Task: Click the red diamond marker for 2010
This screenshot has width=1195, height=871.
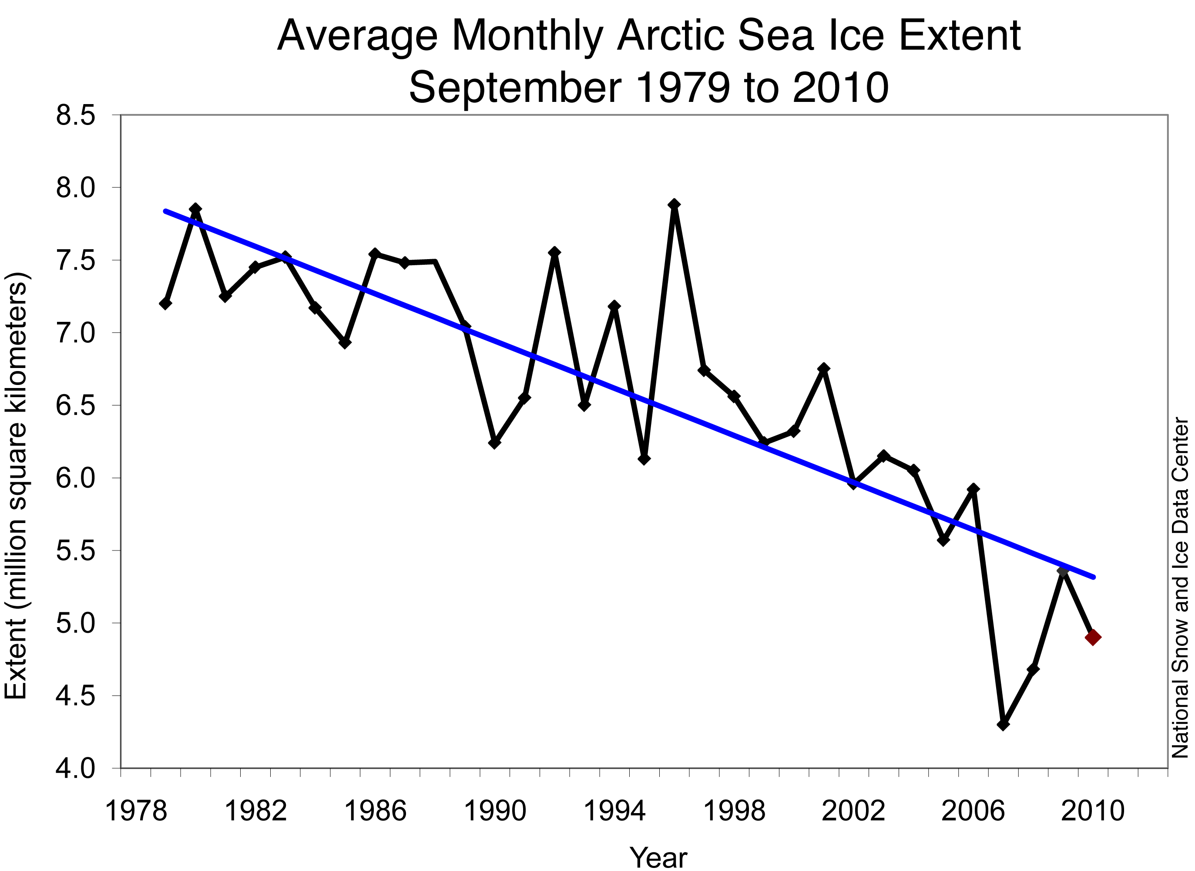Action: point(1093,638)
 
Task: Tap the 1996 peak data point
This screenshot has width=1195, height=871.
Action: point(674,205)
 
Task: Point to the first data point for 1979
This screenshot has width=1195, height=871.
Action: point(165,303)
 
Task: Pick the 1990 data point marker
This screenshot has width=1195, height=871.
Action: point(494,443)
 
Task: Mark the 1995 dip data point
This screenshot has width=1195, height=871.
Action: point(644,459)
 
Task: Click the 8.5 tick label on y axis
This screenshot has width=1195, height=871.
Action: point(75,115)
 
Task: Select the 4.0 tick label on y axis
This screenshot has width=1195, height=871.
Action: point(75,769)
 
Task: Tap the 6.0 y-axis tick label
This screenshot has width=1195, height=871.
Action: point(75,478)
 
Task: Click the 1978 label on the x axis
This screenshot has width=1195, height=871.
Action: point(136,811)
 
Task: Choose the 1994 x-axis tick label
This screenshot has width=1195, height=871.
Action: point(614,811)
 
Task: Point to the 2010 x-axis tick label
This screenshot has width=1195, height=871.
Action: point(1092,811)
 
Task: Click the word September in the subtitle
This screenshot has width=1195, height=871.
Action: point(515,88)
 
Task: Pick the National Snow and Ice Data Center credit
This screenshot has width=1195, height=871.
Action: point(1180,588)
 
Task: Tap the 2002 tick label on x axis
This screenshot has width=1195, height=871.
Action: point(853,811)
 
